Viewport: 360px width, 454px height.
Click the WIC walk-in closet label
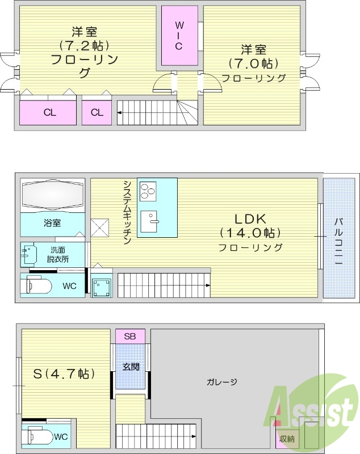[x=178, y=36]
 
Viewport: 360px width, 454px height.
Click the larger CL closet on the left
[x=49, y=112]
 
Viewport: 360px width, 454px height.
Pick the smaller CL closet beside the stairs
[x=97, y=112]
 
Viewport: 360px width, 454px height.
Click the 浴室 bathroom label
[x=52, y=223]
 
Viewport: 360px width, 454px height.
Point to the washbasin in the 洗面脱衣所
[x=28, y=254]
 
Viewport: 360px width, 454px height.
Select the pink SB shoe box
[x=130, y=336]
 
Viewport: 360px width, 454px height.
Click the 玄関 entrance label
[x=131, y=367]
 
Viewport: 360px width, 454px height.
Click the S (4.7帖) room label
[x=64, y=374]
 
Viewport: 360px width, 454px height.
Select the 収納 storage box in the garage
[x=286, y=438]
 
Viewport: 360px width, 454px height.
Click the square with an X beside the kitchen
[x=101, y=228]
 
